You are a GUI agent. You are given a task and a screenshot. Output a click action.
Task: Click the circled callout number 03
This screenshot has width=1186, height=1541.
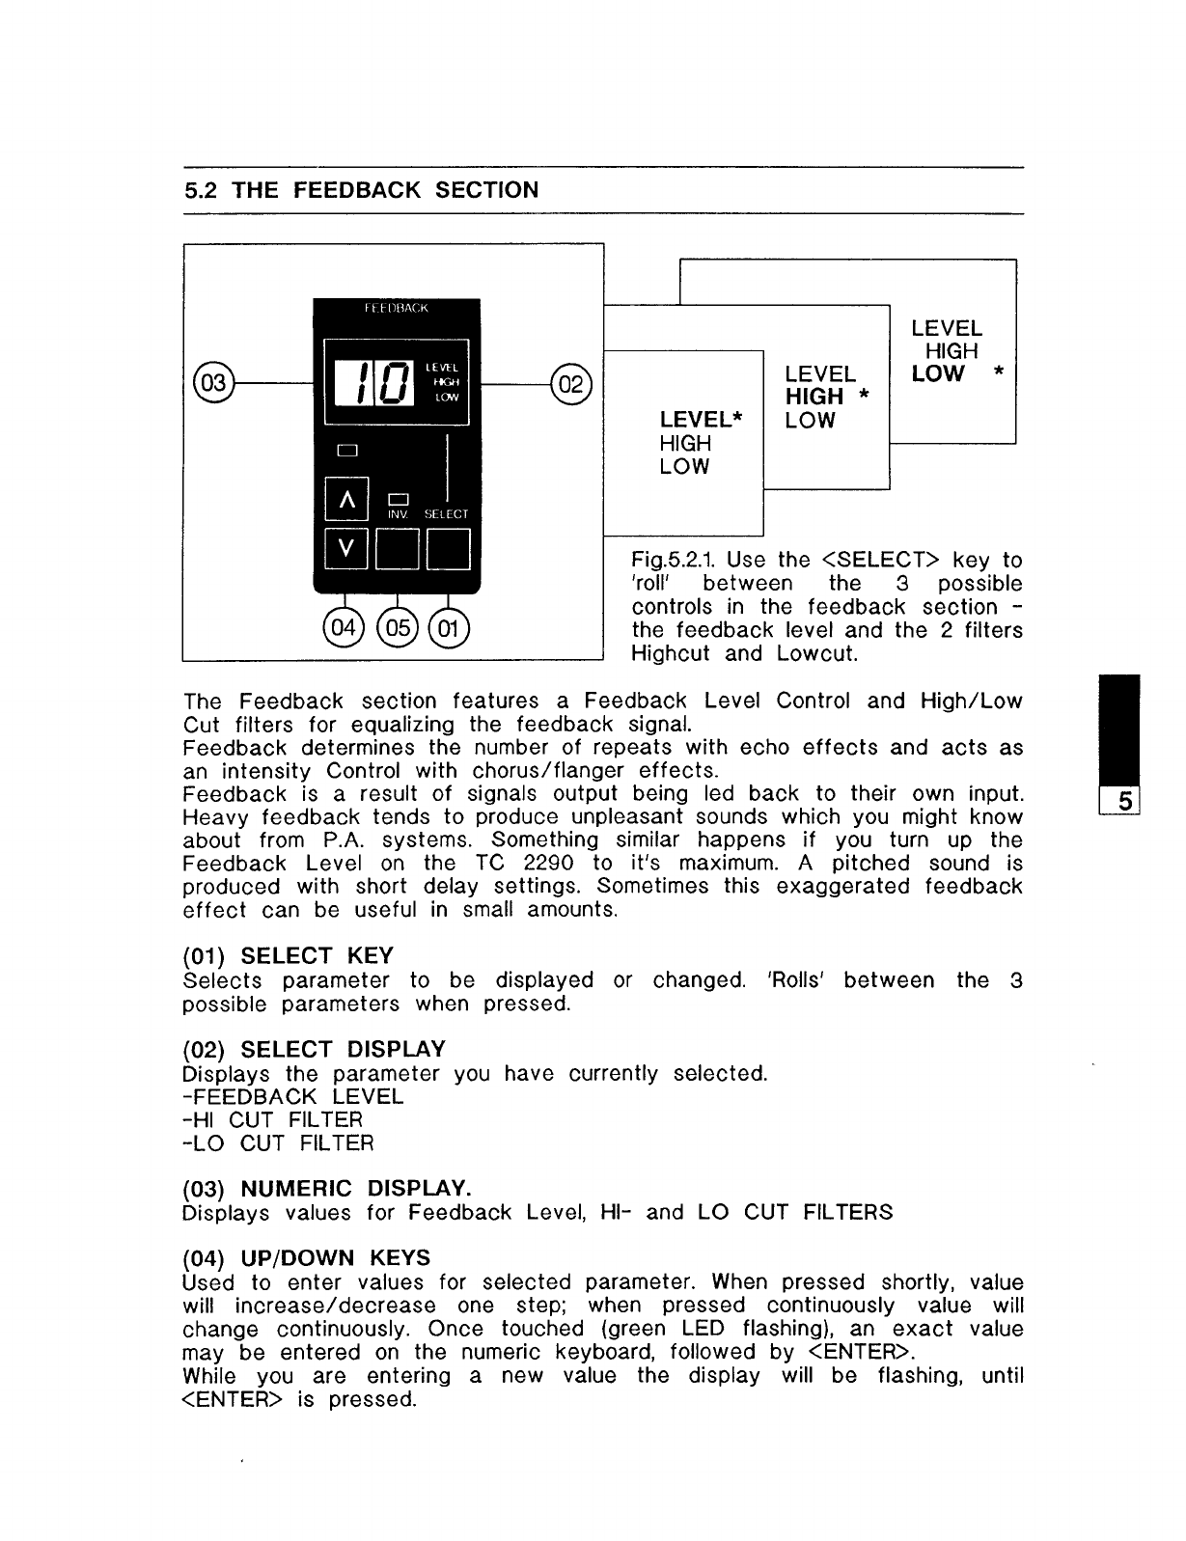212,382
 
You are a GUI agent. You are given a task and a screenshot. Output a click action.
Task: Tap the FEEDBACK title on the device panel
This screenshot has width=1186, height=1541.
396,309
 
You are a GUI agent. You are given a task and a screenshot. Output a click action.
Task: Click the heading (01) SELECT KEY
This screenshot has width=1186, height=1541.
288,956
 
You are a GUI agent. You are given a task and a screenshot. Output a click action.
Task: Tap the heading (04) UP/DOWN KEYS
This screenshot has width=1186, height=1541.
306,1258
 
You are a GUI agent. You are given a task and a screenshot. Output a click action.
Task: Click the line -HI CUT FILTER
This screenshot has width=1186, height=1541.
272,1119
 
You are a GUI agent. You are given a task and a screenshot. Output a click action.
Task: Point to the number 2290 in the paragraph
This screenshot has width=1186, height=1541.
549,864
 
